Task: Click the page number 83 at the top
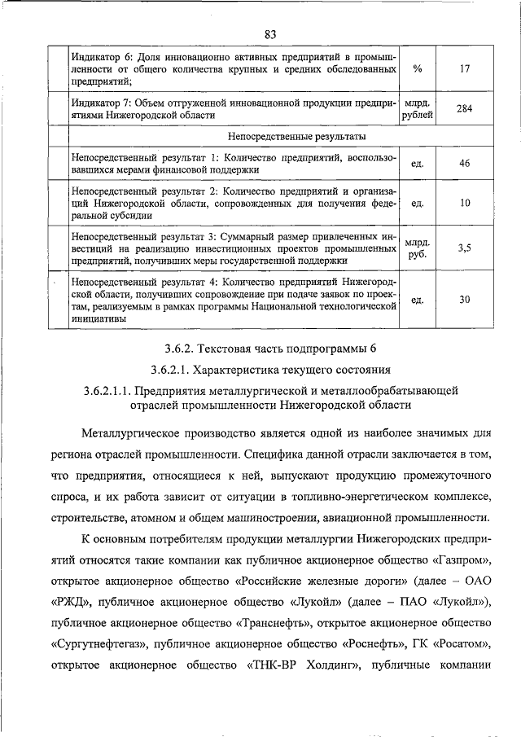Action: click(x=270, y=33)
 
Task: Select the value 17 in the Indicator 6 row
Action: click(x=464, y=69)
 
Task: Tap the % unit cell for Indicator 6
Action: click(x=418, y=69)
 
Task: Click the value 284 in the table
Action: click(x=464, y=108)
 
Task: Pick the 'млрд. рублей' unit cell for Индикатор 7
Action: click(x=418, y=108)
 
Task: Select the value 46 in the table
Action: click(x=464, y=163)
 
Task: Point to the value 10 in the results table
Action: click(x=464, y=203)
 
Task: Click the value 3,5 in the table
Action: click(x=464, y=248)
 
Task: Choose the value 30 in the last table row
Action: click(x=464, y=299)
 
